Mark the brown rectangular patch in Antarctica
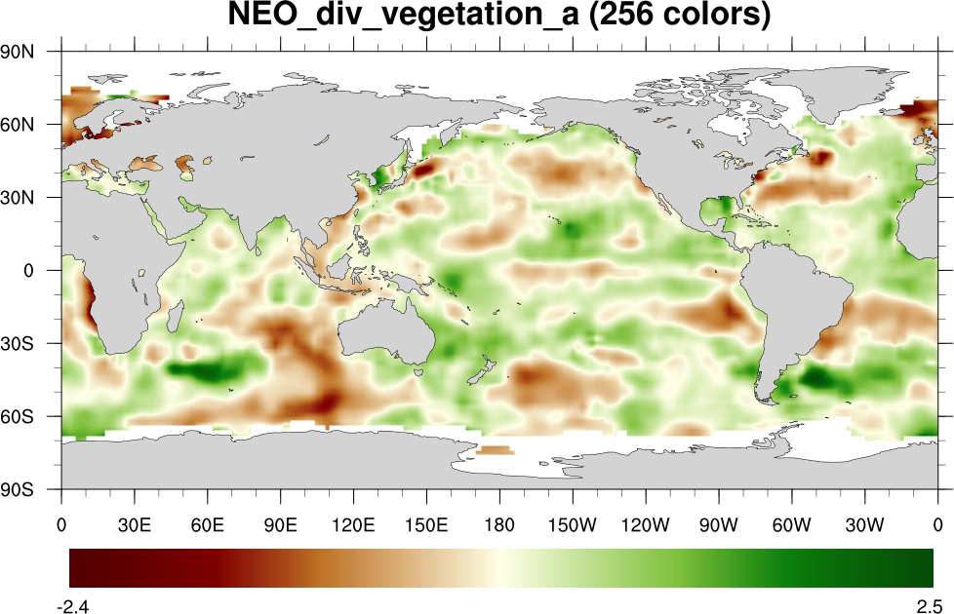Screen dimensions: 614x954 pos(496,449)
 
